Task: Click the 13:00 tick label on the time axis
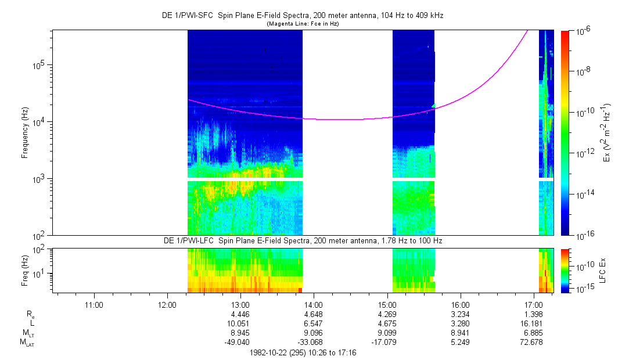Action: (x=240, y=304)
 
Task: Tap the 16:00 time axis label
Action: (x=460, y=304)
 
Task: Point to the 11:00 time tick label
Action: (x=94, y=304)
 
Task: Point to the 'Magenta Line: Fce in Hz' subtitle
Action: (x=303, y=24)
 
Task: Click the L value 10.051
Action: (x=240, y=323)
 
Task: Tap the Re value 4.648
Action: (x=314, y=314)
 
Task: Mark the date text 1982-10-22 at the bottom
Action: (x=271, y=352)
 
